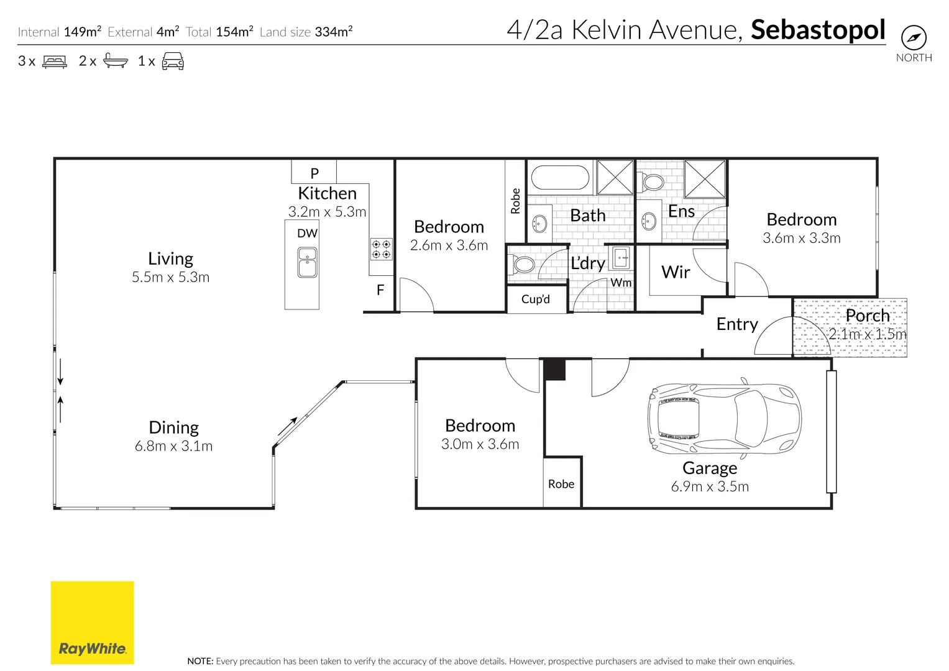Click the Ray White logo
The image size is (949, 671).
(x=92, y=623)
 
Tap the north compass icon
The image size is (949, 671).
(x=913, y=38)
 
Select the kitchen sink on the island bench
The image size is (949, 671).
(x=307, y=262)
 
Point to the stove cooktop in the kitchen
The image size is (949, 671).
(x=382, y=249)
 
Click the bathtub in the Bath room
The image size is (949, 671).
(x=561, y=177)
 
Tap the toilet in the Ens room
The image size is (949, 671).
(x=653, y=182)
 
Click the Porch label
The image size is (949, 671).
(x=868, y=316)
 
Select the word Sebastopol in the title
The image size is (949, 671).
(x=818, y=30)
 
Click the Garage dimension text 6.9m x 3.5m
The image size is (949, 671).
(x=710, y=486)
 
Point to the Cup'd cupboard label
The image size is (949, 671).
(x=536, y=299)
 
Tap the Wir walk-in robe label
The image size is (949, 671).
(x=676, y=272)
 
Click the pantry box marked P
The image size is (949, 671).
(x=314, y=173)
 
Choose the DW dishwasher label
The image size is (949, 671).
(x=307, y=234)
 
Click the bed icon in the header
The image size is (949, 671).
(x=55, y=62)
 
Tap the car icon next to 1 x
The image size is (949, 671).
(x=173, y=62)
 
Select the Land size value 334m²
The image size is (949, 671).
(x=334, y=32)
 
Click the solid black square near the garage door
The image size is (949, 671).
(x=554, y=370)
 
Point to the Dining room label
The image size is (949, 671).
(x=173, y=427)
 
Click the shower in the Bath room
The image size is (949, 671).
(x=615, y=178)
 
